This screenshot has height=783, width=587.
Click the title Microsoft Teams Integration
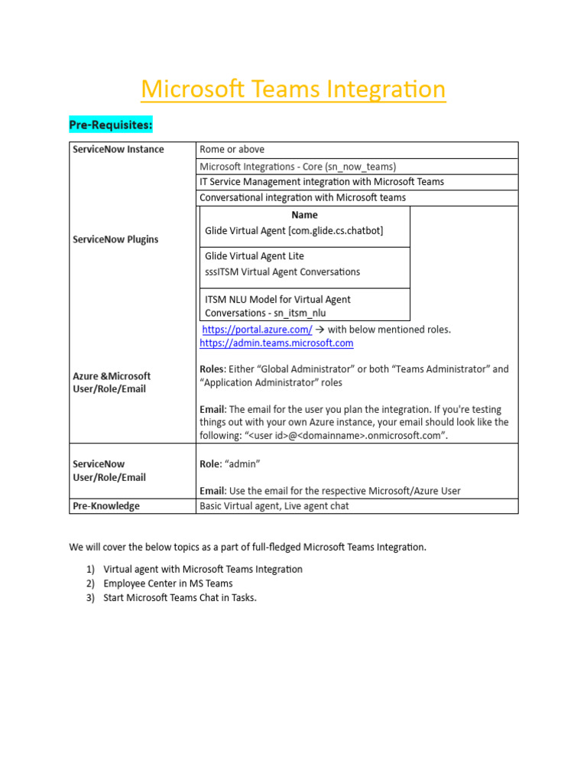[x=293, y=89]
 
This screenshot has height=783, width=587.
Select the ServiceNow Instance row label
[x=118, y=149]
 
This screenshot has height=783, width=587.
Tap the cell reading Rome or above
[x=232, y=149]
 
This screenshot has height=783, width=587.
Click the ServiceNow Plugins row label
[x=115, y=239]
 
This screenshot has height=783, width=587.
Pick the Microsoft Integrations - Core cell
[x=297, y=166]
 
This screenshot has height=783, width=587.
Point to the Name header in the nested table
[x=304, y=215]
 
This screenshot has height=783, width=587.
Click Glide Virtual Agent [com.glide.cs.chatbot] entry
[x=294, y=230]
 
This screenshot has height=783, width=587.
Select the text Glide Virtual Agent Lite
[x=255, y=256]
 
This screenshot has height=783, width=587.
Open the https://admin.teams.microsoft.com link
[x=276, y=343]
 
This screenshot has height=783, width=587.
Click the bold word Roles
[x=212, y=369]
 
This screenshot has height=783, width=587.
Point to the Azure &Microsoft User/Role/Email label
[x=112, y=382]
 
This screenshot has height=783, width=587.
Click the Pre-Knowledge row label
[x=106, y=506]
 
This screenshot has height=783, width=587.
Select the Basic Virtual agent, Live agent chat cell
[x=274, y=506]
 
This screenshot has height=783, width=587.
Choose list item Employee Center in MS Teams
[x=168, y=583]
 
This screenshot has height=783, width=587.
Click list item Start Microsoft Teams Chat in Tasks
[x=180, y=598]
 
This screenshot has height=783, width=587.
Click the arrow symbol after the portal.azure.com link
[x=320, y=330]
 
